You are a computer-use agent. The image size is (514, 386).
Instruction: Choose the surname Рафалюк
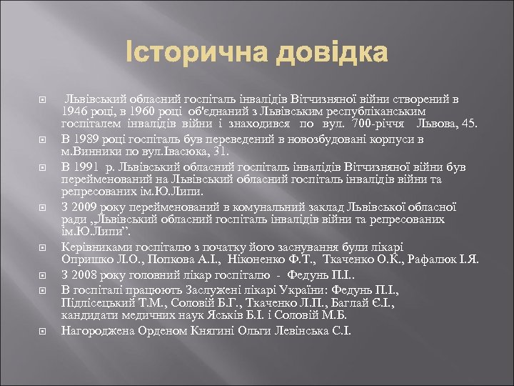(445, 259)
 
